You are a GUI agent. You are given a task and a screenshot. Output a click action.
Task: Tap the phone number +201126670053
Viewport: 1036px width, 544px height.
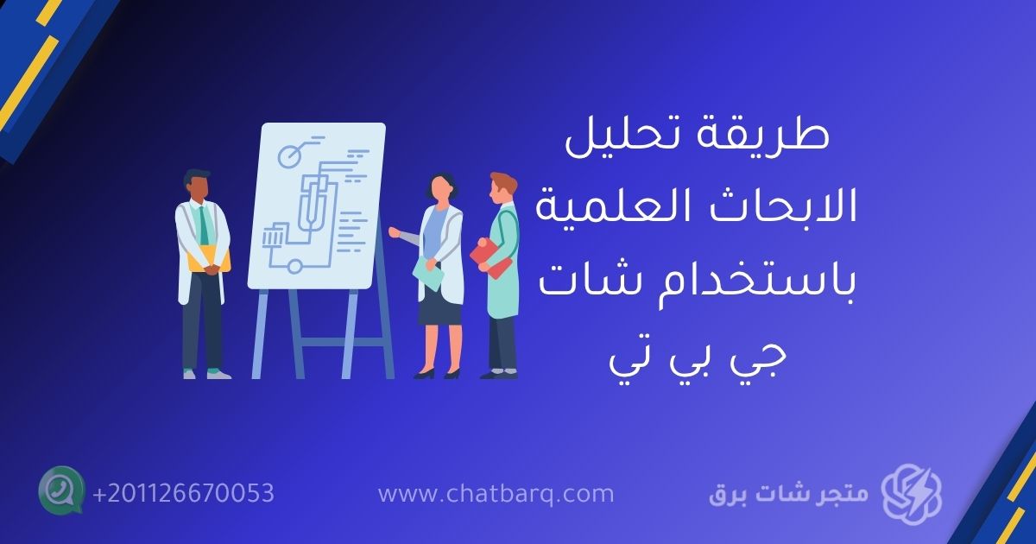(x=183, y=494)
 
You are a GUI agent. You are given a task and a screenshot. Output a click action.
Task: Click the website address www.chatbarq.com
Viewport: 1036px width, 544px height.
(x=496, y=494)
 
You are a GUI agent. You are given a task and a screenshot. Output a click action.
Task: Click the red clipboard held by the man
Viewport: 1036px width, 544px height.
(x=490, y=256)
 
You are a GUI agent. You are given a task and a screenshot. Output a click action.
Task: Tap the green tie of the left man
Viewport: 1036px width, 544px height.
(x=204, y=226)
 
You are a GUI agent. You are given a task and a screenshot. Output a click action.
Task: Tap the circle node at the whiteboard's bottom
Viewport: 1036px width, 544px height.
(x=294, y=266)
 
